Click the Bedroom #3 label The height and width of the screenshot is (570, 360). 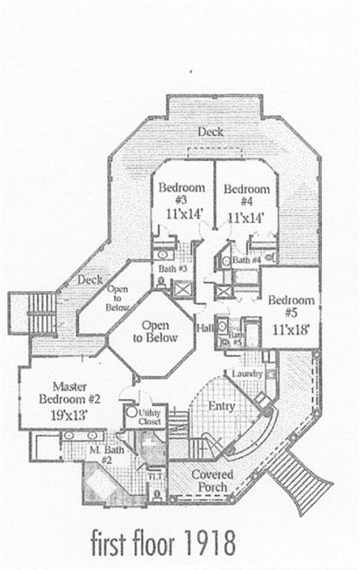point(182,194)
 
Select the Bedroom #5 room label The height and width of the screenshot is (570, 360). point(291,307)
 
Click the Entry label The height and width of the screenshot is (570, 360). point(222,406)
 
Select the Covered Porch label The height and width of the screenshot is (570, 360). point(212,481)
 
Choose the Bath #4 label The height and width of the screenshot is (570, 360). point(246,259)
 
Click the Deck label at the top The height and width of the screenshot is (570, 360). point(211,132)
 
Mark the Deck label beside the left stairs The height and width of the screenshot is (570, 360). point(90,280)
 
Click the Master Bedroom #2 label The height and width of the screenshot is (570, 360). point(63,393)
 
